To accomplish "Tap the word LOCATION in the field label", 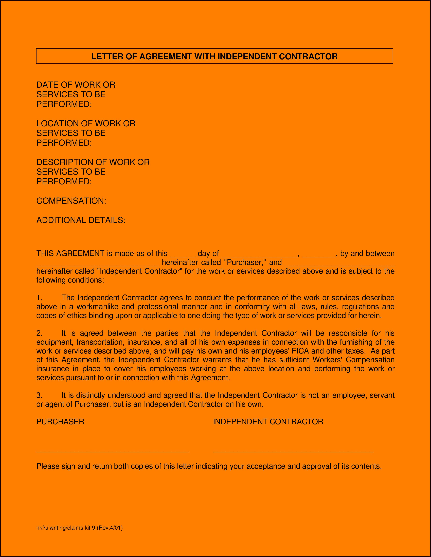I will [57, 123].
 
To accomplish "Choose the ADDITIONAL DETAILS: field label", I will [81, 220].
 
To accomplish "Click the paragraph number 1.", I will [39, 298].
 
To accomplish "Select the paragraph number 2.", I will [39, 333].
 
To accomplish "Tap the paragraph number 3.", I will [39, 395].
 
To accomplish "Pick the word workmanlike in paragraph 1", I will [97, 307].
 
